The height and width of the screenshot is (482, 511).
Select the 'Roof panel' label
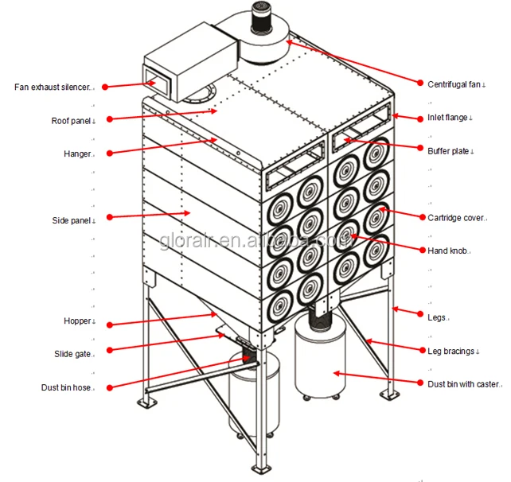[x=72, y=121]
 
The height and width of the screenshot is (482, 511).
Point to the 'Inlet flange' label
[x=449, y=118]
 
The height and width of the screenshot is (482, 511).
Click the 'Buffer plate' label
[x=450, y=150]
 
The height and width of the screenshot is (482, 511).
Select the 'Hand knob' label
[x=448, y=251]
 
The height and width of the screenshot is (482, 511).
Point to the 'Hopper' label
[x=78, y=321]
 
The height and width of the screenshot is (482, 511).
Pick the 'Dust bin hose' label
[x=68, y=387]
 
